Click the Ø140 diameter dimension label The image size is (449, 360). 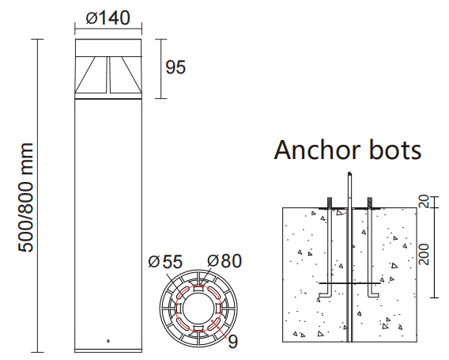[x=108, y=17]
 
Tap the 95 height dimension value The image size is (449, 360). [x=175, y=67]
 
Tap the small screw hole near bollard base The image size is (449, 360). [x=108, y=342]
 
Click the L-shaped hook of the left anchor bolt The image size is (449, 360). [x=325, y=296]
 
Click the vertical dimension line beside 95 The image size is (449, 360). [x=160, y=67]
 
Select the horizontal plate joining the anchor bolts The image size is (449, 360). [x=349, y=282]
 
